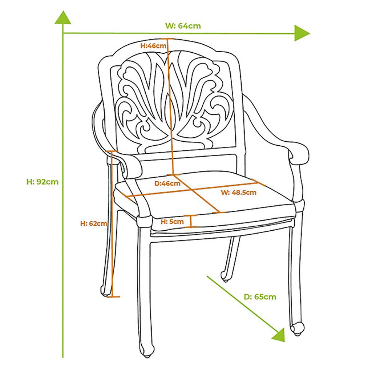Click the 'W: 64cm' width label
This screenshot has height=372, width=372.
coord(183,26)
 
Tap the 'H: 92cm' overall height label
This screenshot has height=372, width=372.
coord(43,182)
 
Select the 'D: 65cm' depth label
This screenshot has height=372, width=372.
coord(260,297)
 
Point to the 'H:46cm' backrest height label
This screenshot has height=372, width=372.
coord(153,45)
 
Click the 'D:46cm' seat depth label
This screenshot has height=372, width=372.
coord(167,183)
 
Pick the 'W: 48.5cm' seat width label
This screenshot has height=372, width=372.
coord(239,192)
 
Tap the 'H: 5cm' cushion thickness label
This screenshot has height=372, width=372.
coord(172,222)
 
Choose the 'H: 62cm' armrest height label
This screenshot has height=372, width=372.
coord(94,223)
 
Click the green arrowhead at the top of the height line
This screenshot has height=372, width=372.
coord(63,17)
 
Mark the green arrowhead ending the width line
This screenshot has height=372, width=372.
coord(302,33)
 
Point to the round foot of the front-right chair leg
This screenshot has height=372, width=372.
coord(298,329)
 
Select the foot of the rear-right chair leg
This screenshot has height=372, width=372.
coord(225,277)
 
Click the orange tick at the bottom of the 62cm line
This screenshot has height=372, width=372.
coord(113,296)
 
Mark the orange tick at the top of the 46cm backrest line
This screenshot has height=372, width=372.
coord(167,39)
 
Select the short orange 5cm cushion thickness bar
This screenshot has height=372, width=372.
coord(191,221)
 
